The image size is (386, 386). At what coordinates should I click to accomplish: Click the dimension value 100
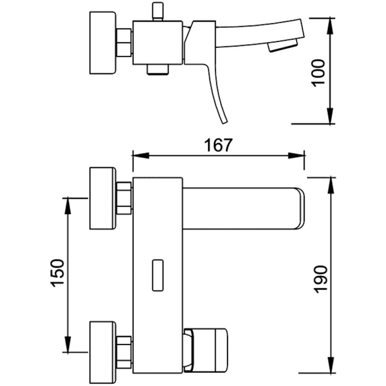pyautogui.click(x=318, y=73)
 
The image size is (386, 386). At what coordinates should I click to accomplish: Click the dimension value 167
pyautogui.click(x=218, y=145)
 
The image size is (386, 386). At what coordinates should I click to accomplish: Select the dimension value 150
pyautogui.click(x=57, y=273)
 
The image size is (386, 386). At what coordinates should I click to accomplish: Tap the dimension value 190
pyautogui.click(x=321, y=279)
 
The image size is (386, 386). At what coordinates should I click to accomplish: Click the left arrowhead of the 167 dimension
pyautogui.click(x=141, y=155)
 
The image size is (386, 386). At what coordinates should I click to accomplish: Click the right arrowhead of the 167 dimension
pyautogui.click(x=296, y=155)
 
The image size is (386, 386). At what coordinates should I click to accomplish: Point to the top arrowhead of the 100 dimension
pyautogui.click(x=331, y=26)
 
